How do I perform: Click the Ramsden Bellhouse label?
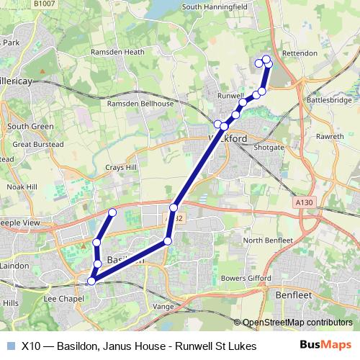click(x=140, y=104)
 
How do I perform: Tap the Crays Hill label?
click(x=121, y=167)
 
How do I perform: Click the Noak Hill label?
click(x=22, y=186)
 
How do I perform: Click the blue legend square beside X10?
click(x=10, y=346)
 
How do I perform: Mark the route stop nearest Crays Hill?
click(x=112, y=212)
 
